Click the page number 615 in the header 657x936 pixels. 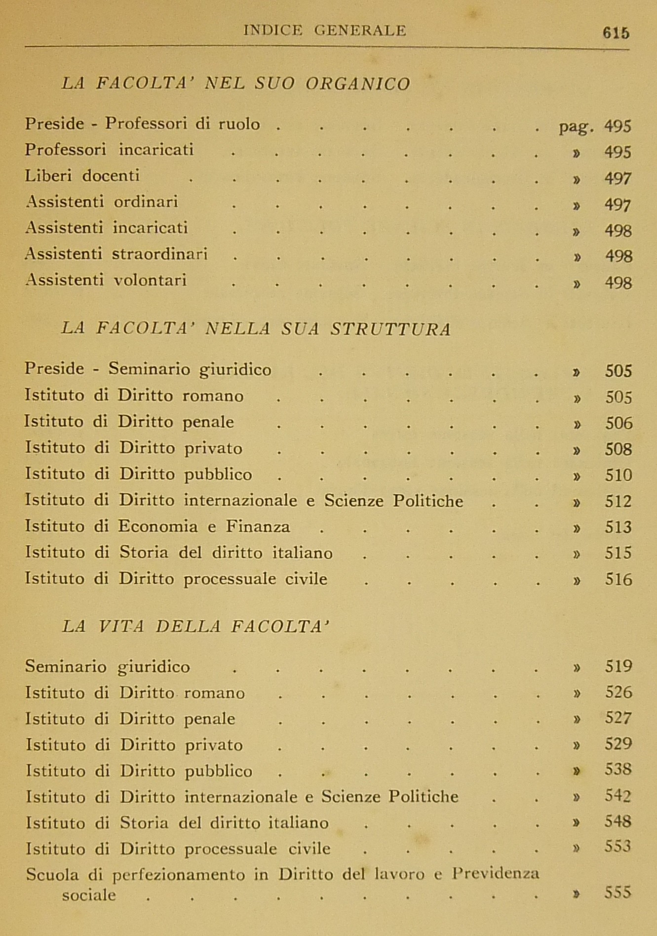click(x=616, y=33)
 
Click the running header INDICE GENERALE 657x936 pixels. click(x=325, y=31)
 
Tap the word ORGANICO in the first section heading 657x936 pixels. click(x=358, y=84)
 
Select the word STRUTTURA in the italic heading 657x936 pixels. click(x=390, y=329)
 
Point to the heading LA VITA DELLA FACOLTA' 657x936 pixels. click(x=195, y=627)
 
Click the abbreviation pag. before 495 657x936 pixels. click(x=576, y=127)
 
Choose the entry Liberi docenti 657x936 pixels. click(x=82, y=176)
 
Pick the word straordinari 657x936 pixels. click(x=159, y=254)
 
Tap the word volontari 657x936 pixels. click(x=150, y=281)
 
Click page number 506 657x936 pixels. click(x=618, y=423)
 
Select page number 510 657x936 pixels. click(x=618, y=475)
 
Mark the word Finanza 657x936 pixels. click(x=258, y=527)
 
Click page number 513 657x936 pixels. click(x=618, y=528)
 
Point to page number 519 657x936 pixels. click(x=618, y=667)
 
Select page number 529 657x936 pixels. click(x=618, y=744)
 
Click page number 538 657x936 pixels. click(x=618, y=770)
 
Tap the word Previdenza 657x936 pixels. click(x=496, y=874)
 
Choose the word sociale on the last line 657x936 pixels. click(x=89, y=895)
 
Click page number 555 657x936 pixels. click(x=618, y=893)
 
